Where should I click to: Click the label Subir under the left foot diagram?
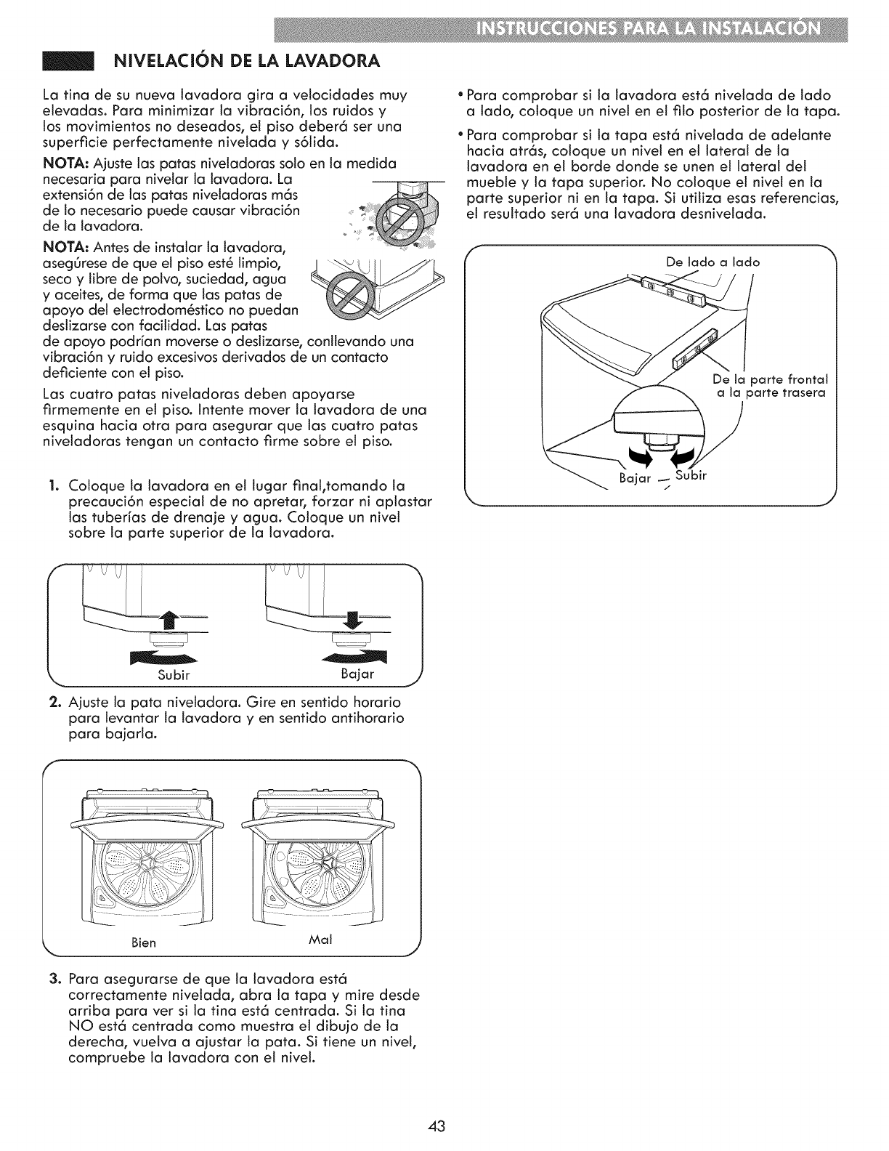coord(174,674)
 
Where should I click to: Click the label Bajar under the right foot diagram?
coord(357,674)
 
